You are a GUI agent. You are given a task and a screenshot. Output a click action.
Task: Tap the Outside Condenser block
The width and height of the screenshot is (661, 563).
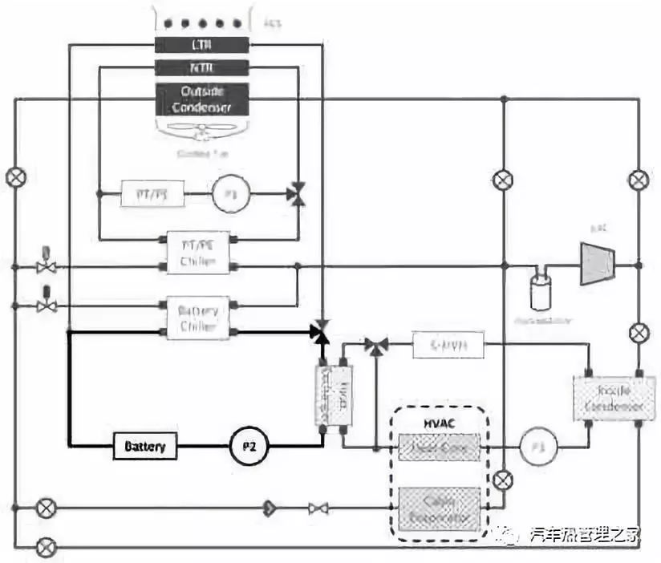point(201,97)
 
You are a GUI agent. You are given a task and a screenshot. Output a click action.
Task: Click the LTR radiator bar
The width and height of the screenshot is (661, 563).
point(201,45)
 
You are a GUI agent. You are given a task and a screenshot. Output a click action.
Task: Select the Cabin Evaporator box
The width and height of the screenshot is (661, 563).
point(439,508)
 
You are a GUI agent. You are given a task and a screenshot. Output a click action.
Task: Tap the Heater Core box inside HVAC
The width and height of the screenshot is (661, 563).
point(439,446)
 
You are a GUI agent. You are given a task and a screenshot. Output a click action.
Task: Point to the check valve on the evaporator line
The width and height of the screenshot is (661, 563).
point(271,508)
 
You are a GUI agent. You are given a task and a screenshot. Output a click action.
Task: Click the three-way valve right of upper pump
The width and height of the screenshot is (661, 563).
point(298,194)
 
